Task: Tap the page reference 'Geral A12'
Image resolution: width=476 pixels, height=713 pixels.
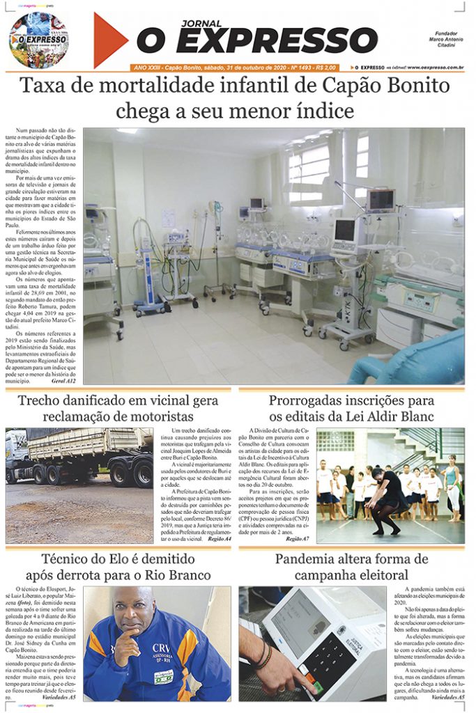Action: coord(63,382)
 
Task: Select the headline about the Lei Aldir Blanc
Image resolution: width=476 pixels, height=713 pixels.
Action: coord(351,409)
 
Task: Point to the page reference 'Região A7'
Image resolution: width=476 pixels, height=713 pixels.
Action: coord(297,538)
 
